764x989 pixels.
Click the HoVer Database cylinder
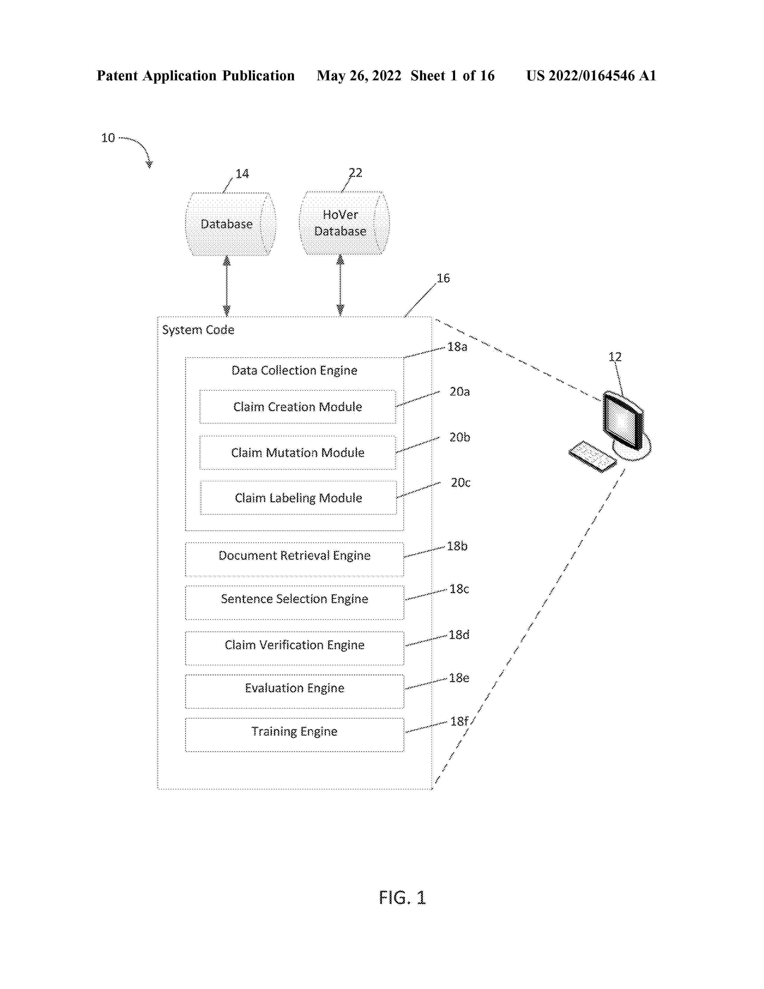344,223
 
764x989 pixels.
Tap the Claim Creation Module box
298,407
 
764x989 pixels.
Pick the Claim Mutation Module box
298,452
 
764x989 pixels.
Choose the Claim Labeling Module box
298,498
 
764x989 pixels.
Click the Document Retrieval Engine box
294,559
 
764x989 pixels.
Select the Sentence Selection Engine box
294,602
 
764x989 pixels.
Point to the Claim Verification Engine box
294,648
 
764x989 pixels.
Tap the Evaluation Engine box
294,691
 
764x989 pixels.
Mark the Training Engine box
294,735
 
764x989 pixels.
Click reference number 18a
457,347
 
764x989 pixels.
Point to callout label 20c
460,483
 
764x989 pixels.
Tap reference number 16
443,278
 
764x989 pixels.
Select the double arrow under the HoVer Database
340,285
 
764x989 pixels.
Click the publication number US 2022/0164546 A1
591,76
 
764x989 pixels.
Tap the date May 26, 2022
359,76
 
